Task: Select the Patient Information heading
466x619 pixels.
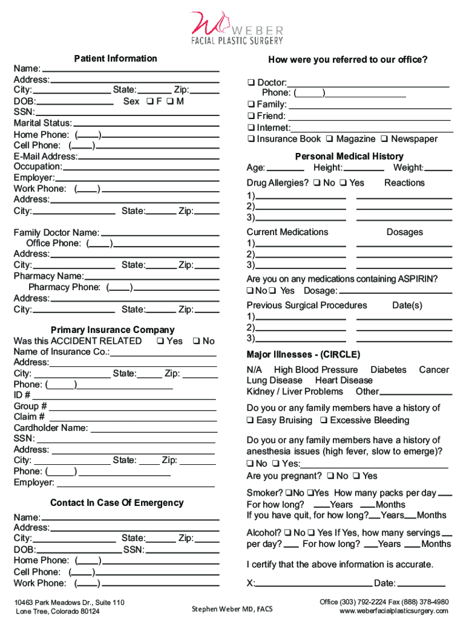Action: pos(115,59)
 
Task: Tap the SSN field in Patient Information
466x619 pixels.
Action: pos(127,112)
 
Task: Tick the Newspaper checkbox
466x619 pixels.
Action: pos(385,140)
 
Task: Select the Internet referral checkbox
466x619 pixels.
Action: pos(251,128)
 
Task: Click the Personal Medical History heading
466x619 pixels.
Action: pos(349,157)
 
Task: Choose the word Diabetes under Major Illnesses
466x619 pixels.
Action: pos(388,370)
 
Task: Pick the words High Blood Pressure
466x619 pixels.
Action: pos(315,370)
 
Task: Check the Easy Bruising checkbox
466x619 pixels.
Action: pos(250,421)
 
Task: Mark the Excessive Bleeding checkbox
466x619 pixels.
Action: pos(324,421)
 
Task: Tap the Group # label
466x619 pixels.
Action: pos(30,406)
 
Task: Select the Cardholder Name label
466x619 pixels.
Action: pos(51,428)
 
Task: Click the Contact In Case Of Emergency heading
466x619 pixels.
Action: pos(116,503)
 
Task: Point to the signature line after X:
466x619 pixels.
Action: pos(314,583)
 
